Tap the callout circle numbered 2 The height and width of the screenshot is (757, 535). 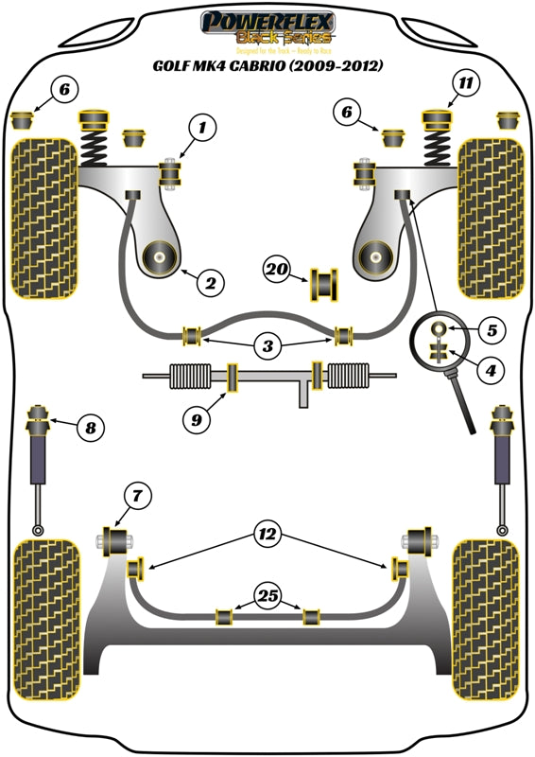(x=210, y=281)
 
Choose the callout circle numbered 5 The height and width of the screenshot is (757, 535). (x=492, y=331)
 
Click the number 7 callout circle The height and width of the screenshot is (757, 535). (x=136, y=493)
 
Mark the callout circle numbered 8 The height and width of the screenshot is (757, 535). (x=90, y=429)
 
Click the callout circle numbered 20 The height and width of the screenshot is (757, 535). (x=277, y=270)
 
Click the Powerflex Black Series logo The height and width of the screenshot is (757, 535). (x=267, y=28)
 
